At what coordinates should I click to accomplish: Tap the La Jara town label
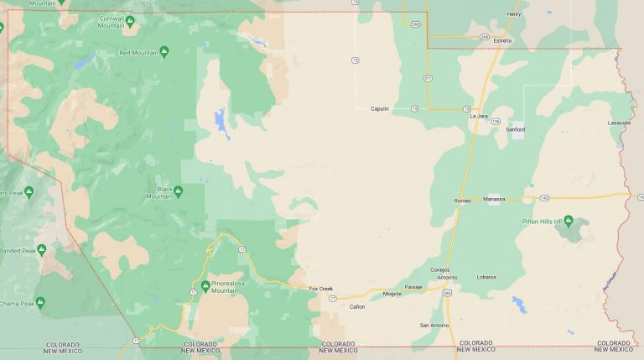(x=479, y=116)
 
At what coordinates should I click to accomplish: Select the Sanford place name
(x=516, y=129)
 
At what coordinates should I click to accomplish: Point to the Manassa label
(x=495, y=199)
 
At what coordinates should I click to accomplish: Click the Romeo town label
(x=463, y=201)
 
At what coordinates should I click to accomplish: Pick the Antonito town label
(x=447, y=276)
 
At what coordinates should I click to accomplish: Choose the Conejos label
(x=440, y=269)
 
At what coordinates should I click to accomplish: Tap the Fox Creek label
(x=320, y=288)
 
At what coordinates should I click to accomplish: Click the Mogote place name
(x=392, y=294)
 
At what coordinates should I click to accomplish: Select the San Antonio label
(x=434, y=325)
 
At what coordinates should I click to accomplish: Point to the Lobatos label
(x=486, y=276)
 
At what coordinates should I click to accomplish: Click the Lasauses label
(x=619, y=123)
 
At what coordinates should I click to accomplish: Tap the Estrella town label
(x=502, y=40)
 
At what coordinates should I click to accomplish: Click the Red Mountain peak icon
(x=164, y=52)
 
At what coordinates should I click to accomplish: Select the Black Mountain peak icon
(x=178, y=191)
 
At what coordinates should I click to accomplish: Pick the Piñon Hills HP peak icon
(x=568, y=221)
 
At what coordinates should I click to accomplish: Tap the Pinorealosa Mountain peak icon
(x=205, y=286)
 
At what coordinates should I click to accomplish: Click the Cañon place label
(x=357, y=307)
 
